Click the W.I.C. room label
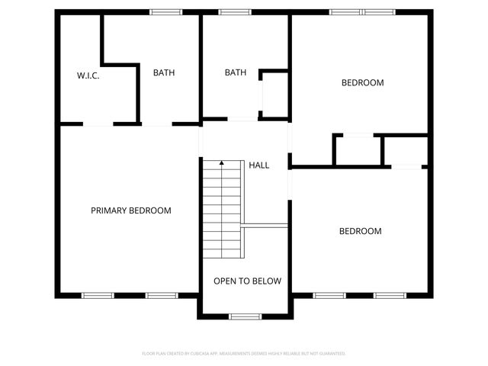pyautogui.click(x=88, y=75)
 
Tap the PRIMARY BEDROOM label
pyautogui.click(x=131, y=210)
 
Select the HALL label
pyautogui.click(x=259, y=165)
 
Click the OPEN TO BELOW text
pyautogui.click(x=247, y=281)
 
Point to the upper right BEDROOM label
pyautogui.click(x=362, y=82)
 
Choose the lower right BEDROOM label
pyautogui.click(x=360, y=231)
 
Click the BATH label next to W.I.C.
pyautogui.click(x=164, y=73)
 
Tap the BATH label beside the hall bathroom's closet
pyautogui.click(x=236, y=73)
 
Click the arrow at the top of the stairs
pyautogui.click(x=222, y=163)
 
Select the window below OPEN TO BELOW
pyautogui.click(x=245, y=316)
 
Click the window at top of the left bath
pyautogui.click(x=165, y=12)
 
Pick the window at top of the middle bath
pyautogui.click(x=235, y=12)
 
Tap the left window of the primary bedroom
pyautogui.click(x=98, y=295)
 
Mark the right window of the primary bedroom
pyautogui.click(x=162, y=295)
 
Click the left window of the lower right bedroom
pyautogui.click(x=329, y=295)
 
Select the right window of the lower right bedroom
pyautogui.click(x=389, y=295)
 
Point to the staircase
pyautogui.click(x=222, y=210)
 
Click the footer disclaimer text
pyautogui.click(x=244, y=354)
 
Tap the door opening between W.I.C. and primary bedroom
pyautogui.click(x=98, y=124)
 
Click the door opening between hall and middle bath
pyautogui.click(x=242, y=119)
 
